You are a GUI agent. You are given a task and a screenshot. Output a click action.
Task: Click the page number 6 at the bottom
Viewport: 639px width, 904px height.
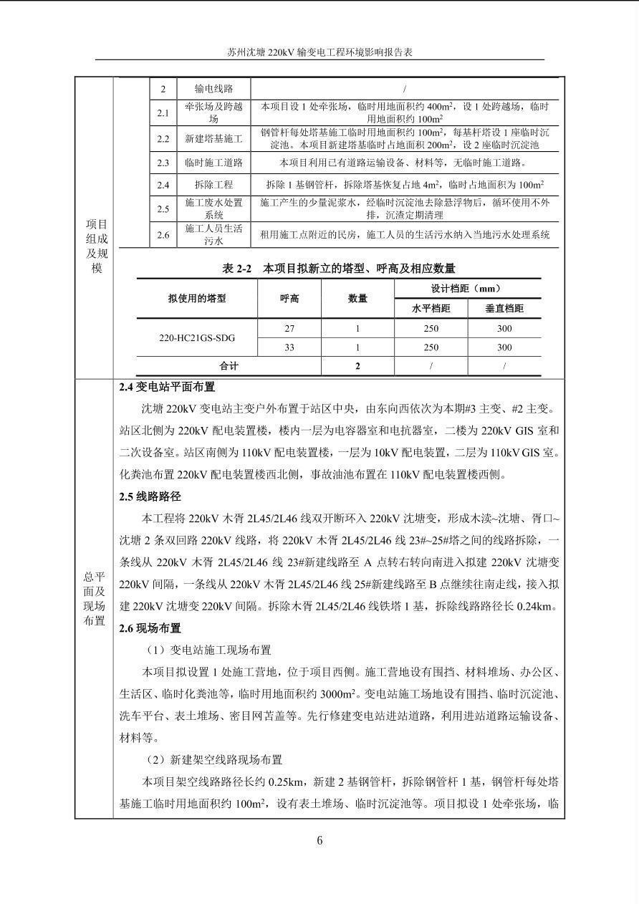(319, 840)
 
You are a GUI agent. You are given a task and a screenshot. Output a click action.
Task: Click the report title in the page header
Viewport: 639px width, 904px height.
(320, 52)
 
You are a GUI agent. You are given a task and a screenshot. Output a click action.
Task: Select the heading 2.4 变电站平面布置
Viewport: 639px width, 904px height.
(167, 388)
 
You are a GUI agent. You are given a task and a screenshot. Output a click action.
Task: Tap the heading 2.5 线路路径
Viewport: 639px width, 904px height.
(150, 496)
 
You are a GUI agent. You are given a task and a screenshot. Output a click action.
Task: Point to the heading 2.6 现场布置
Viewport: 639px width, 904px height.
(150, 628)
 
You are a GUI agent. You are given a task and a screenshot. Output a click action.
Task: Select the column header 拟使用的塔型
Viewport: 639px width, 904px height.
(197, 299)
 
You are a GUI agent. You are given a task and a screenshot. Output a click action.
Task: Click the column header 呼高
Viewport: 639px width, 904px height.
(289, 299)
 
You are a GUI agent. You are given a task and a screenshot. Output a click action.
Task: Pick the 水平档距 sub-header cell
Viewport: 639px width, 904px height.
(431, 309)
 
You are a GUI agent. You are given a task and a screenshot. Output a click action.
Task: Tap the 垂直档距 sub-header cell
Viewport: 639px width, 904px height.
(504, 309)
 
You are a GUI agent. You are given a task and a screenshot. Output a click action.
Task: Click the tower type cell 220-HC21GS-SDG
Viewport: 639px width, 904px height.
(197, 337)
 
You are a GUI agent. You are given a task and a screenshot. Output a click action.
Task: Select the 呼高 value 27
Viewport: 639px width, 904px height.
(289, 328)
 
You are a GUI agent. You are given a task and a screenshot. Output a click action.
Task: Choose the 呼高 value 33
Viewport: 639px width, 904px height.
(289, 347)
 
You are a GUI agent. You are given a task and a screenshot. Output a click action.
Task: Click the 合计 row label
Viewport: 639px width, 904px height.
(229, 366)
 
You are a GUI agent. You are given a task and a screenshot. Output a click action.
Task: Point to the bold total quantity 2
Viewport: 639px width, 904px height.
(357, 366)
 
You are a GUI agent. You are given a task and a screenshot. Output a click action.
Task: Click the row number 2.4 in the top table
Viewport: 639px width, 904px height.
(163, 185)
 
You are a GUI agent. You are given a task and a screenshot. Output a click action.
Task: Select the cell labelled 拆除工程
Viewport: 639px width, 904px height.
(213, 185)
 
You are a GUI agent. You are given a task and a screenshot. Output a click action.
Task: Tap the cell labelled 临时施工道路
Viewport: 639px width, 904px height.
(213, 163)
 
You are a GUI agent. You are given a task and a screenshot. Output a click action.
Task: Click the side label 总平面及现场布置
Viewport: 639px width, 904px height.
(94, 598)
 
